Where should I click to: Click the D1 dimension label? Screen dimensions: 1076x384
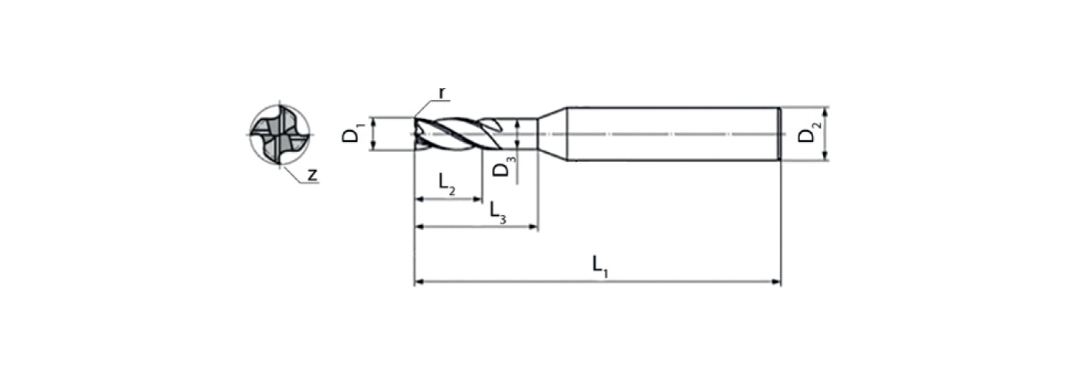point(352,134)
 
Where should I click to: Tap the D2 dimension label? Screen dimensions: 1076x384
point(809,134)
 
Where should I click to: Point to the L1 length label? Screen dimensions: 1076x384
point(600,267)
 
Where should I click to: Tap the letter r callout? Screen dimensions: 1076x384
point(442,93)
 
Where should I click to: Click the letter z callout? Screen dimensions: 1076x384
point(313,175)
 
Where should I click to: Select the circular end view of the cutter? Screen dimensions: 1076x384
point(280,134)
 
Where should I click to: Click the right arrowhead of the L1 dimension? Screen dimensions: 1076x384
point(776,282)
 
